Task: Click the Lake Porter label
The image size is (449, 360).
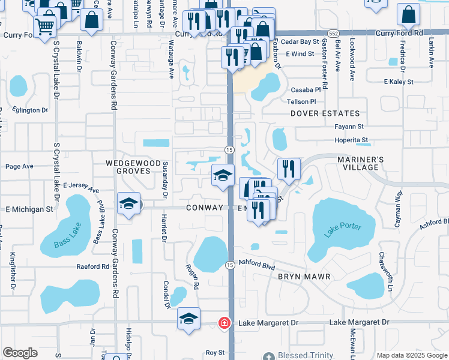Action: (x=343, y=229)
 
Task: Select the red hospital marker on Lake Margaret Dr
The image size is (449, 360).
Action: (x=224, y=323)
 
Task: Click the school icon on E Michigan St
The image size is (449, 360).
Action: (x=128, y=204)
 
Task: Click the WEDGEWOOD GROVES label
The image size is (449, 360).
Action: (x=133, y=167)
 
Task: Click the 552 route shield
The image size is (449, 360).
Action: (x=332, y=33)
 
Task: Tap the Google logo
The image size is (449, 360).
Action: (x=20, y=353)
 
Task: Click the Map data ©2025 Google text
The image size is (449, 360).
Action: (x=411, y=355)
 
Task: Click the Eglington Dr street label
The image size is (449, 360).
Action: (x=28, y=110)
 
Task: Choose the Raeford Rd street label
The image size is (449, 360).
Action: (x=92, y=266)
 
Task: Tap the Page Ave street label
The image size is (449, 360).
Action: (x=19, y=166)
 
